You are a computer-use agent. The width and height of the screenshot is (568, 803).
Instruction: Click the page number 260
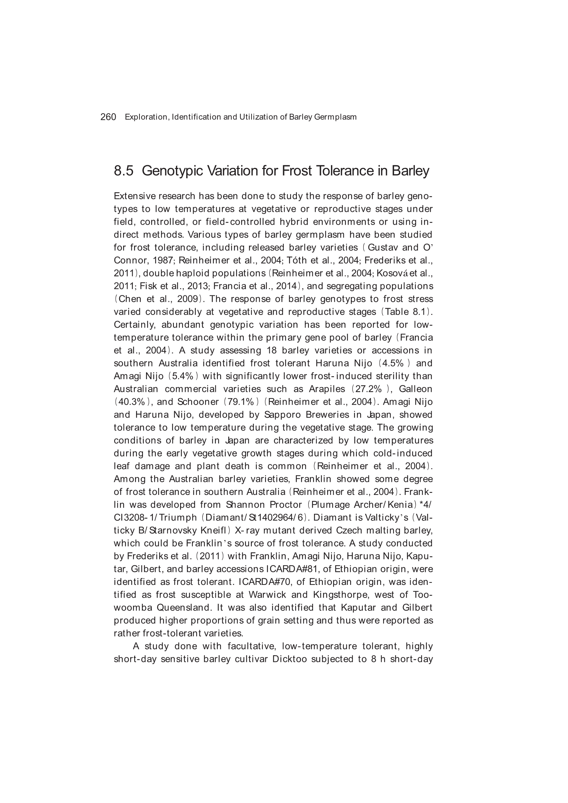point(108,117)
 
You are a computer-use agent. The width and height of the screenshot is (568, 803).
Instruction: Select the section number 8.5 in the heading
point(124,171)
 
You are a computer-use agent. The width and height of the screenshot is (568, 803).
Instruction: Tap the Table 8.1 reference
point(405,312)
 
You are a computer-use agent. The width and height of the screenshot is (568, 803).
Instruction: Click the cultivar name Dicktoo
point(289,659)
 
